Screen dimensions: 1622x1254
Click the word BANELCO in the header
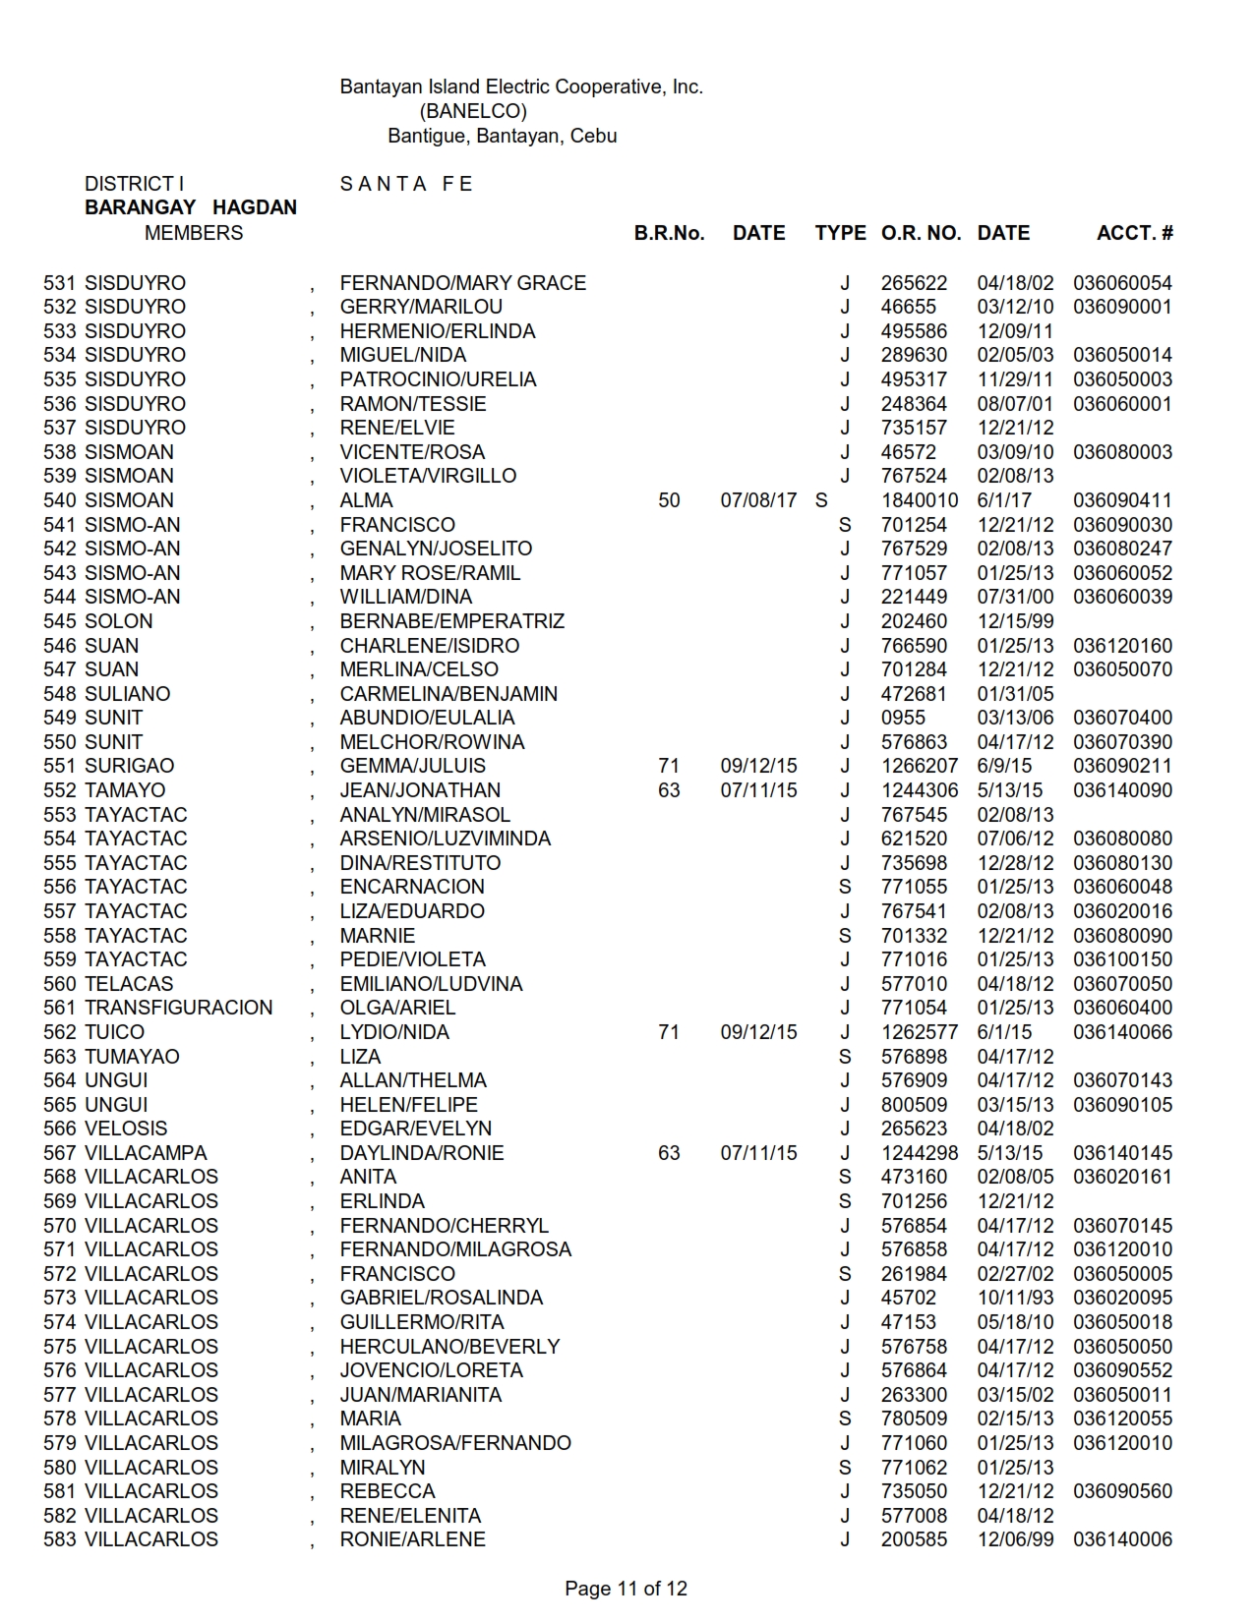(473, 111)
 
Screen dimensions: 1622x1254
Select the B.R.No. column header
(669, 233)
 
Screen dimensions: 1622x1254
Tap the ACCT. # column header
(1134, 233)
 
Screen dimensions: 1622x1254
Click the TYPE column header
(840, 233)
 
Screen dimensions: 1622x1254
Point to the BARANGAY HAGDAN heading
(191, 207)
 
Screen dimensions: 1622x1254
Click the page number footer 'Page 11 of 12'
(626, 1589)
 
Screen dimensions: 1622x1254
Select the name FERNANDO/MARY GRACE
(462, 283)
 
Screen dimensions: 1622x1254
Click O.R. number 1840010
(920, 500)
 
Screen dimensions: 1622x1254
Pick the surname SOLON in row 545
(119, 621)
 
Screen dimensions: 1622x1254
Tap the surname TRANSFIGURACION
(179, 1008)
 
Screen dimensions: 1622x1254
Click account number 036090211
(1122, 766)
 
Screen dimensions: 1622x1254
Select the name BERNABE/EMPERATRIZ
(452, 621)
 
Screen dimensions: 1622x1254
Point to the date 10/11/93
(1015, 1298)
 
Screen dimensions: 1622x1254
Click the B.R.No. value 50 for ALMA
(669, 500)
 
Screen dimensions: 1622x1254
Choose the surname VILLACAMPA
(147, 1153)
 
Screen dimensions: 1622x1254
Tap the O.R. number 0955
(903, 718)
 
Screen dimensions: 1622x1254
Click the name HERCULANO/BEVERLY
(449, 1347)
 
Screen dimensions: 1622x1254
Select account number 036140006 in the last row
(1122, 1539)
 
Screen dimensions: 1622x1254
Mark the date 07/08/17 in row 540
(758, 500)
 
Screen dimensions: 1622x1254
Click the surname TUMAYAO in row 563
(133, 1057)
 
